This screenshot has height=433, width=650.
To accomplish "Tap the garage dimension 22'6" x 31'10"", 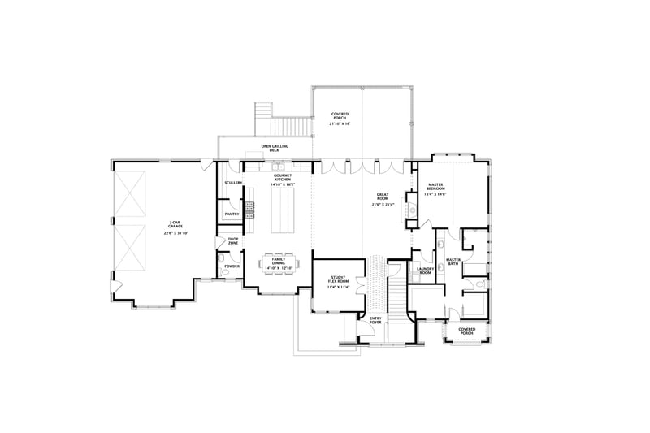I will point(175,233).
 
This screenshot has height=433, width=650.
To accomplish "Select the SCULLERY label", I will point(233,183).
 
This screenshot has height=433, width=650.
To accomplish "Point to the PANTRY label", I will point(232,214).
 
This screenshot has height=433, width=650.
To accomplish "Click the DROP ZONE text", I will point(233,240).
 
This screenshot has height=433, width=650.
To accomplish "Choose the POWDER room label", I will point(232,266).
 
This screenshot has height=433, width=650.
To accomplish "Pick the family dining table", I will point(279,263).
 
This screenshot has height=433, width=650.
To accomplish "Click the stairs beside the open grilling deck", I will point(284,126).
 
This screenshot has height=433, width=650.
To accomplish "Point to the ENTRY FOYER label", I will point(375,320).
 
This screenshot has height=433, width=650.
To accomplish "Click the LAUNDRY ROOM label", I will point(424,271).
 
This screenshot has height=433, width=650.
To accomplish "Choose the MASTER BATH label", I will point(453,262).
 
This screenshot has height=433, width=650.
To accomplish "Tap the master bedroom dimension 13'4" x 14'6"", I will point(435,194).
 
